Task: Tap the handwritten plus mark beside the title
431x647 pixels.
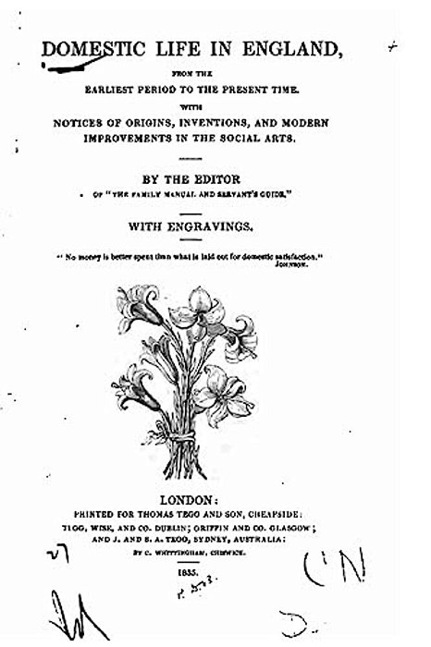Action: click(392, 44)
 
